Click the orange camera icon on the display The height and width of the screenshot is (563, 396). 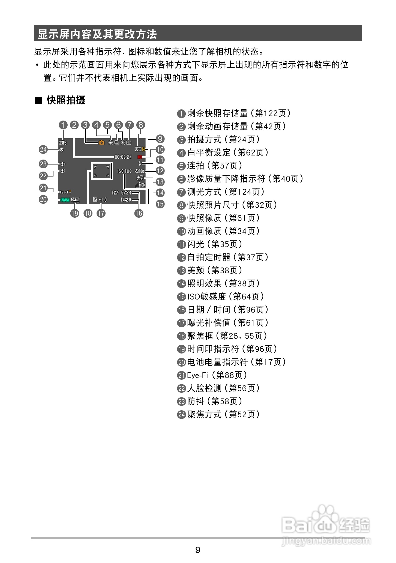click(x=101, y=142)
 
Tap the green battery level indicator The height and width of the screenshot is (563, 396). click(x=64, y=200)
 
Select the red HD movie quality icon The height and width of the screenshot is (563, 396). click(x=140, y=157)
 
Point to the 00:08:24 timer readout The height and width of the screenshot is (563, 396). click(x=123, y=157)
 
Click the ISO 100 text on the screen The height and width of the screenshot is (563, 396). click(x=124, y=171)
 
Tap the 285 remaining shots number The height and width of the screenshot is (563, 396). click(x=63, y=143)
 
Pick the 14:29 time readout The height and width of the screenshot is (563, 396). click(x=125, y=200)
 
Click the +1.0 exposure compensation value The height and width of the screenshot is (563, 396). click(x=103, y=200)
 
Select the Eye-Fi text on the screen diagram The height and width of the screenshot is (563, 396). click(x=65, y=192)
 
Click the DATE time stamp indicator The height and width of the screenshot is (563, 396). click(x=75, y=200)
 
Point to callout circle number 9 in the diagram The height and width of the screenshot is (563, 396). click(x=160, y=139)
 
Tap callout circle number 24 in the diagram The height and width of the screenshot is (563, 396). click(x=43, y=149)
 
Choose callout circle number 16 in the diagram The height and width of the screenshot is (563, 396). click(x=139, y=213)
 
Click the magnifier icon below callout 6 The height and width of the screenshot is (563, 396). click(x=123, y=142)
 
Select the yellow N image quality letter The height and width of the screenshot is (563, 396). click(x=143, y=149)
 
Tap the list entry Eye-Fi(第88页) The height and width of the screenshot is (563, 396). click(x=213, y=375)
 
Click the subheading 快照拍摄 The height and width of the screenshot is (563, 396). click(x=66, y=100)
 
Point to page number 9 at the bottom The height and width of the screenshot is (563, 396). click(x=198, y=550)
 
